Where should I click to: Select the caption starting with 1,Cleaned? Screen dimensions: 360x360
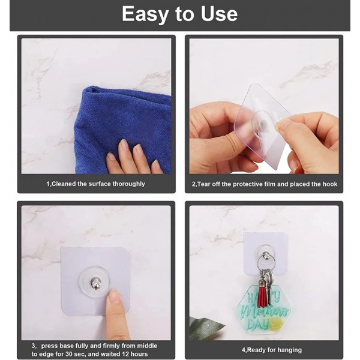point(96,184)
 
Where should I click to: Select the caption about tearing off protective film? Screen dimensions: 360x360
point(264,184)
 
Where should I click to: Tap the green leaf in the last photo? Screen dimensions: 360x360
point(204,328)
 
